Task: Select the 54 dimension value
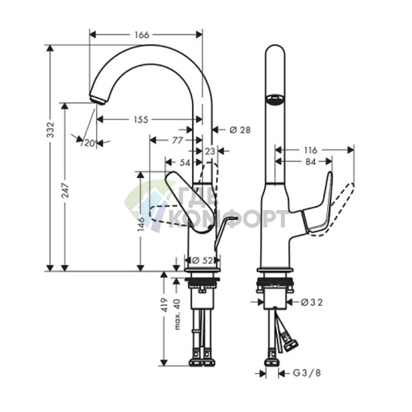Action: pyautogui.click(x=184, y=164)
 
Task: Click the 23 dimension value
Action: pyautogui.click(x=209, y=152)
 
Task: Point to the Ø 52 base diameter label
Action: pyautogui.click(x=203, y=260)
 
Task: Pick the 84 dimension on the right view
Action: pyautogui.click(x=310, y=161)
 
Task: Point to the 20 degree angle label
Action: pyautogui.click(x=88, y=142)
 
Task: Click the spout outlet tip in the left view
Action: pyautogui.click(x=97, y=101)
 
